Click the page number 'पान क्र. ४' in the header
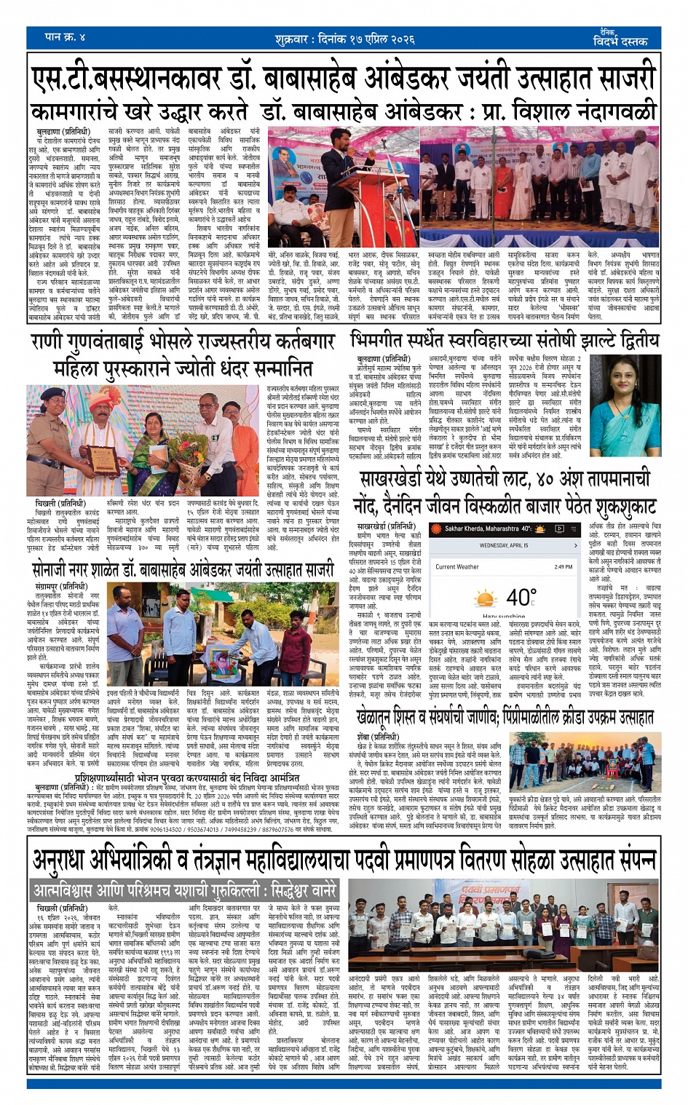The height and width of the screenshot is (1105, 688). point(65,36)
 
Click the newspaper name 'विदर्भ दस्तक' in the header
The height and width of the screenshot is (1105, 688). point(620,41)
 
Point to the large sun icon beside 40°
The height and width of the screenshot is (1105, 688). point(485,599)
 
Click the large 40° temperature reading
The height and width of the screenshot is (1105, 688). point(521,598)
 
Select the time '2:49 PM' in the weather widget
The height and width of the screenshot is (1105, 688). point(563,566)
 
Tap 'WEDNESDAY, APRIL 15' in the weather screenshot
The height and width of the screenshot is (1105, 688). point(503,545)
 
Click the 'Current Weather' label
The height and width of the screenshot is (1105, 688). point(456,566)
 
